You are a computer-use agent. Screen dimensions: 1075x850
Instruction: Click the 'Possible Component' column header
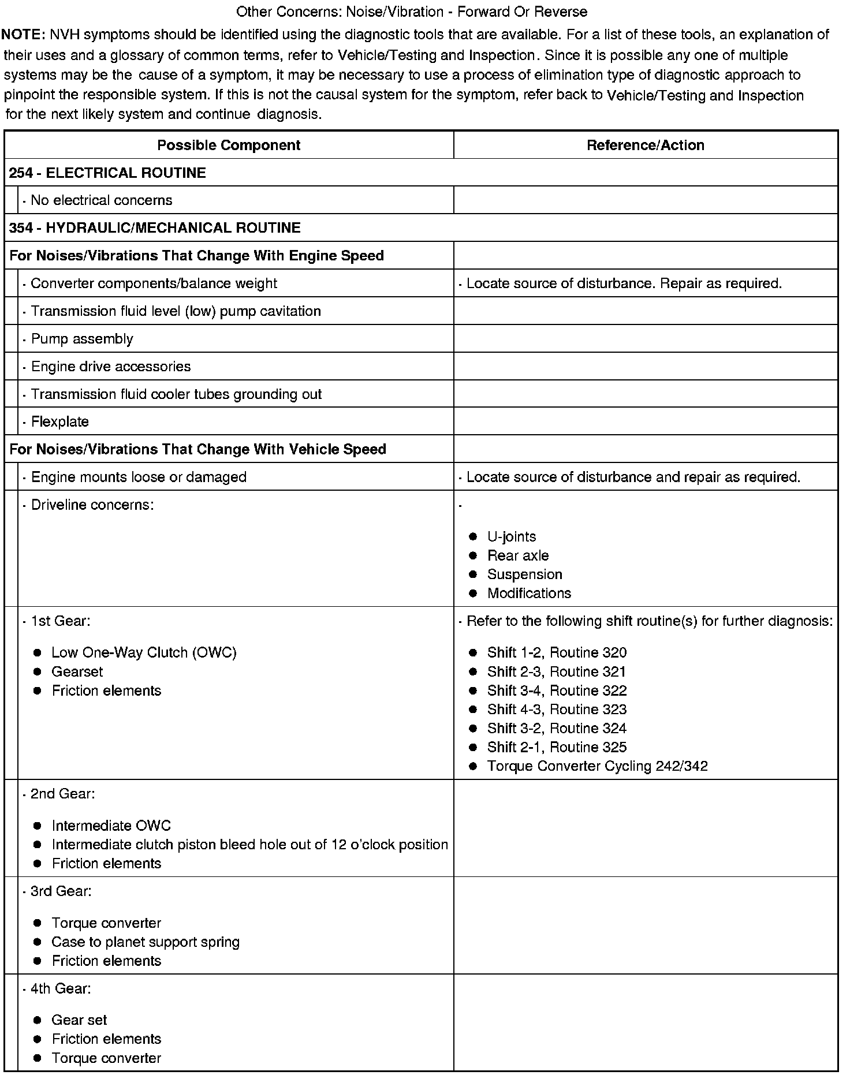click(x=229, y=145)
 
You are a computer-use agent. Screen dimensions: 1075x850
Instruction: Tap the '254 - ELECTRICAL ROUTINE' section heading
click(x=107, y=173)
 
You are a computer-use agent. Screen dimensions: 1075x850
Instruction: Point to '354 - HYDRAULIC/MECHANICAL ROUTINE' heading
click(x=155, y=227)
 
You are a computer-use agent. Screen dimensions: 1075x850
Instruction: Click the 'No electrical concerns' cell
click(x=101, y=200)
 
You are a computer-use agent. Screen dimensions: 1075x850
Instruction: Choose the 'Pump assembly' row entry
click(x=82, y=339)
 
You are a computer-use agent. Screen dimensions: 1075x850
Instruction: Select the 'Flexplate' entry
click(x=59, y=421)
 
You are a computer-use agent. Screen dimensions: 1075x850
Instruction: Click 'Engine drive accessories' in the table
click(x=110, y=367)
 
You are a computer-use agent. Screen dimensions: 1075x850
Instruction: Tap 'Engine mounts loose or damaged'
click(x=139, y=477)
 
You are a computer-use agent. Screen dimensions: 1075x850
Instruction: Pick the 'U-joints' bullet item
click(x=511, y=536)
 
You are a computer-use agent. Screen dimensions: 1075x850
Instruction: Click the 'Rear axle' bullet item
click(x=517, y=555)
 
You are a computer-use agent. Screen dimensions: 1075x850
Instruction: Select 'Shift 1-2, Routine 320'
click(x=557, y=652)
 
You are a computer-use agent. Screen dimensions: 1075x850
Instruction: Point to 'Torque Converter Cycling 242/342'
click(x=597, y=766)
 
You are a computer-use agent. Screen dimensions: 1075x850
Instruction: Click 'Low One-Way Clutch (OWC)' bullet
click(x=144, y=652)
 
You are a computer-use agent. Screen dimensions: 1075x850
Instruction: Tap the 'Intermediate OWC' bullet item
click(x=111, y=826)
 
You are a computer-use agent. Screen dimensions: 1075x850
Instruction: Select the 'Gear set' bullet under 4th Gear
click(x=79, y=1020)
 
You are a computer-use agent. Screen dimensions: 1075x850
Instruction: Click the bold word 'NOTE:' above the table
click(x=23, y=35)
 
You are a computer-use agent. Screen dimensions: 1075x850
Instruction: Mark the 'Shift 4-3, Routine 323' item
click(x=557, y=709)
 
